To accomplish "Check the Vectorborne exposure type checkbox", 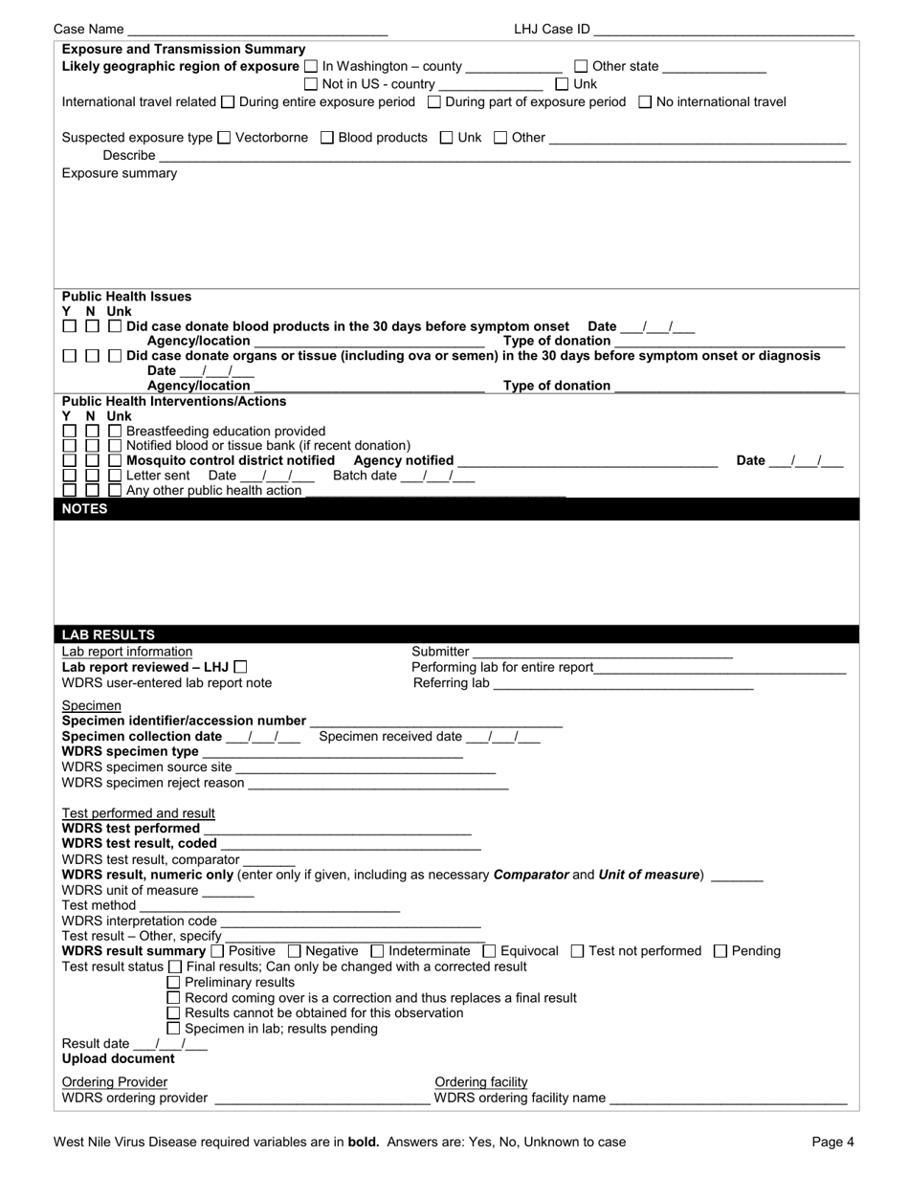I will point(225,138).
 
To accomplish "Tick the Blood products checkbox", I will point(327,138).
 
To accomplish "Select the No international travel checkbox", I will point(645,102).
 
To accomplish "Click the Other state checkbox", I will point(581,67).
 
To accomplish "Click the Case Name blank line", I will point(257,30).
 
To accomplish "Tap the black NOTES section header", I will point(455,509).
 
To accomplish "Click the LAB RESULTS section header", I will point(455,634).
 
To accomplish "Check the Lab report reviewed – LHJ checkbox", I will point(240,667).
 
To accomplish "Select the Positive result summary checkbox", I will point(217,951).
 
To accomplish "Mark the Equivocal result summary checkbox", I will point(490,951).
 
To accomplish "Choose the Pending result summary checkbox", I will point(721,951).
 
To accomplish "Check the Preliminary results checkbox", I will point(173,983).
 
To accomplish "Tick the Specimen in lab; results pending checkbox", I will point(173,1029).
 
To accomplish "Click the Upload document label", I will point(119,1059).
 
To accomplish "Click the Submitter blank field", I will point(603,652).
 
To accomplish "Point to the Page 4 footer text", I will point(832,1142).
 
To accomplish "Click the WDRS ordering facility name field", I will point(728,1099).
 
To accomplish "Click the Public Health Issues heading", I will point(126,297).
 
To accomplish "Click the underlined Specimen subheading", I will point(92,705).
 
